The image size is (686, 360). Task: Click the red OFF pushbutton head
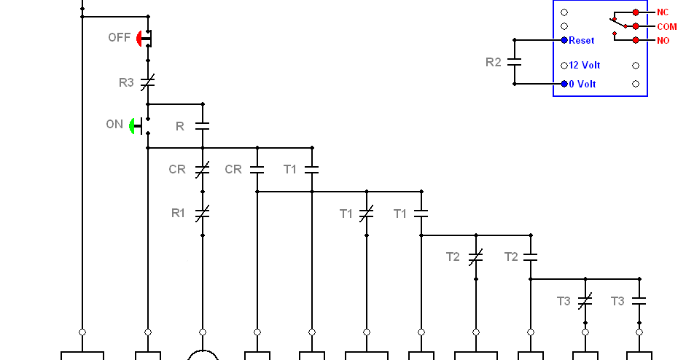point(139,39)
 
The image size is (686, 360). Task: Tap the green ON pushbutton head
point(132,126)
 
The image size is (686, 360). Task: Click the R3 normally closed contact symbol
point(148,82)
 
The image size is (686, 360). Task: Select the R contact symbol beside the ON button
point(203,126)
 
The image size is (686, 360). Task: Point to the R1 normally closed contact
point(203,214)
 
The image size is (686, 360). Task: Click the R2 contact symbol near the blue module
point(515,62)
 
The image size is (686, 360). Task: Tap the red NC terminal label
point(663,12)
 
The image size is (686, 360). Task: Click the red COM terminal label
point(667,27)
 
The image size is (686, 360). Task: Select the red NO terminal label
point(663,41)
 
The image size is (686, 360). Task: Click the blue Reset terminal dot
point(564,40)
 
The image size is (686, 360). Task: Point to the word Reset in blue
point(582,41)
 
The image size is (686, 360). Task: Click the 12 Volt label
point(585,65)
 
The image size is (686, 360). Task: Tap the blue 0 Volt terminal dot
point(564,84)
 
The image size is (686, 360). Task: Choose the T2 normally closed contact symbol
point(476,257)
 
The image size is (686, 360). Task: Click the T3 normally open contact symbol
point(639,301)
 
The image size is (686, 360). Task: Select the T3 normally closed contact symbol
point(585,301)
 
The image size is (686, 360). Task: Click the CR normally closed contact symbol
point(203,170)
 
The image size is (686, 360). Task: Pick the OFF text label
point(120,38)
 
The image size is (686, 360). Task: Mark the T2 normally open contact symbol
point(531,257)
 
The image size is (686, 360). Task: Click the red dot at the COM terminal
point(636,26)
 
